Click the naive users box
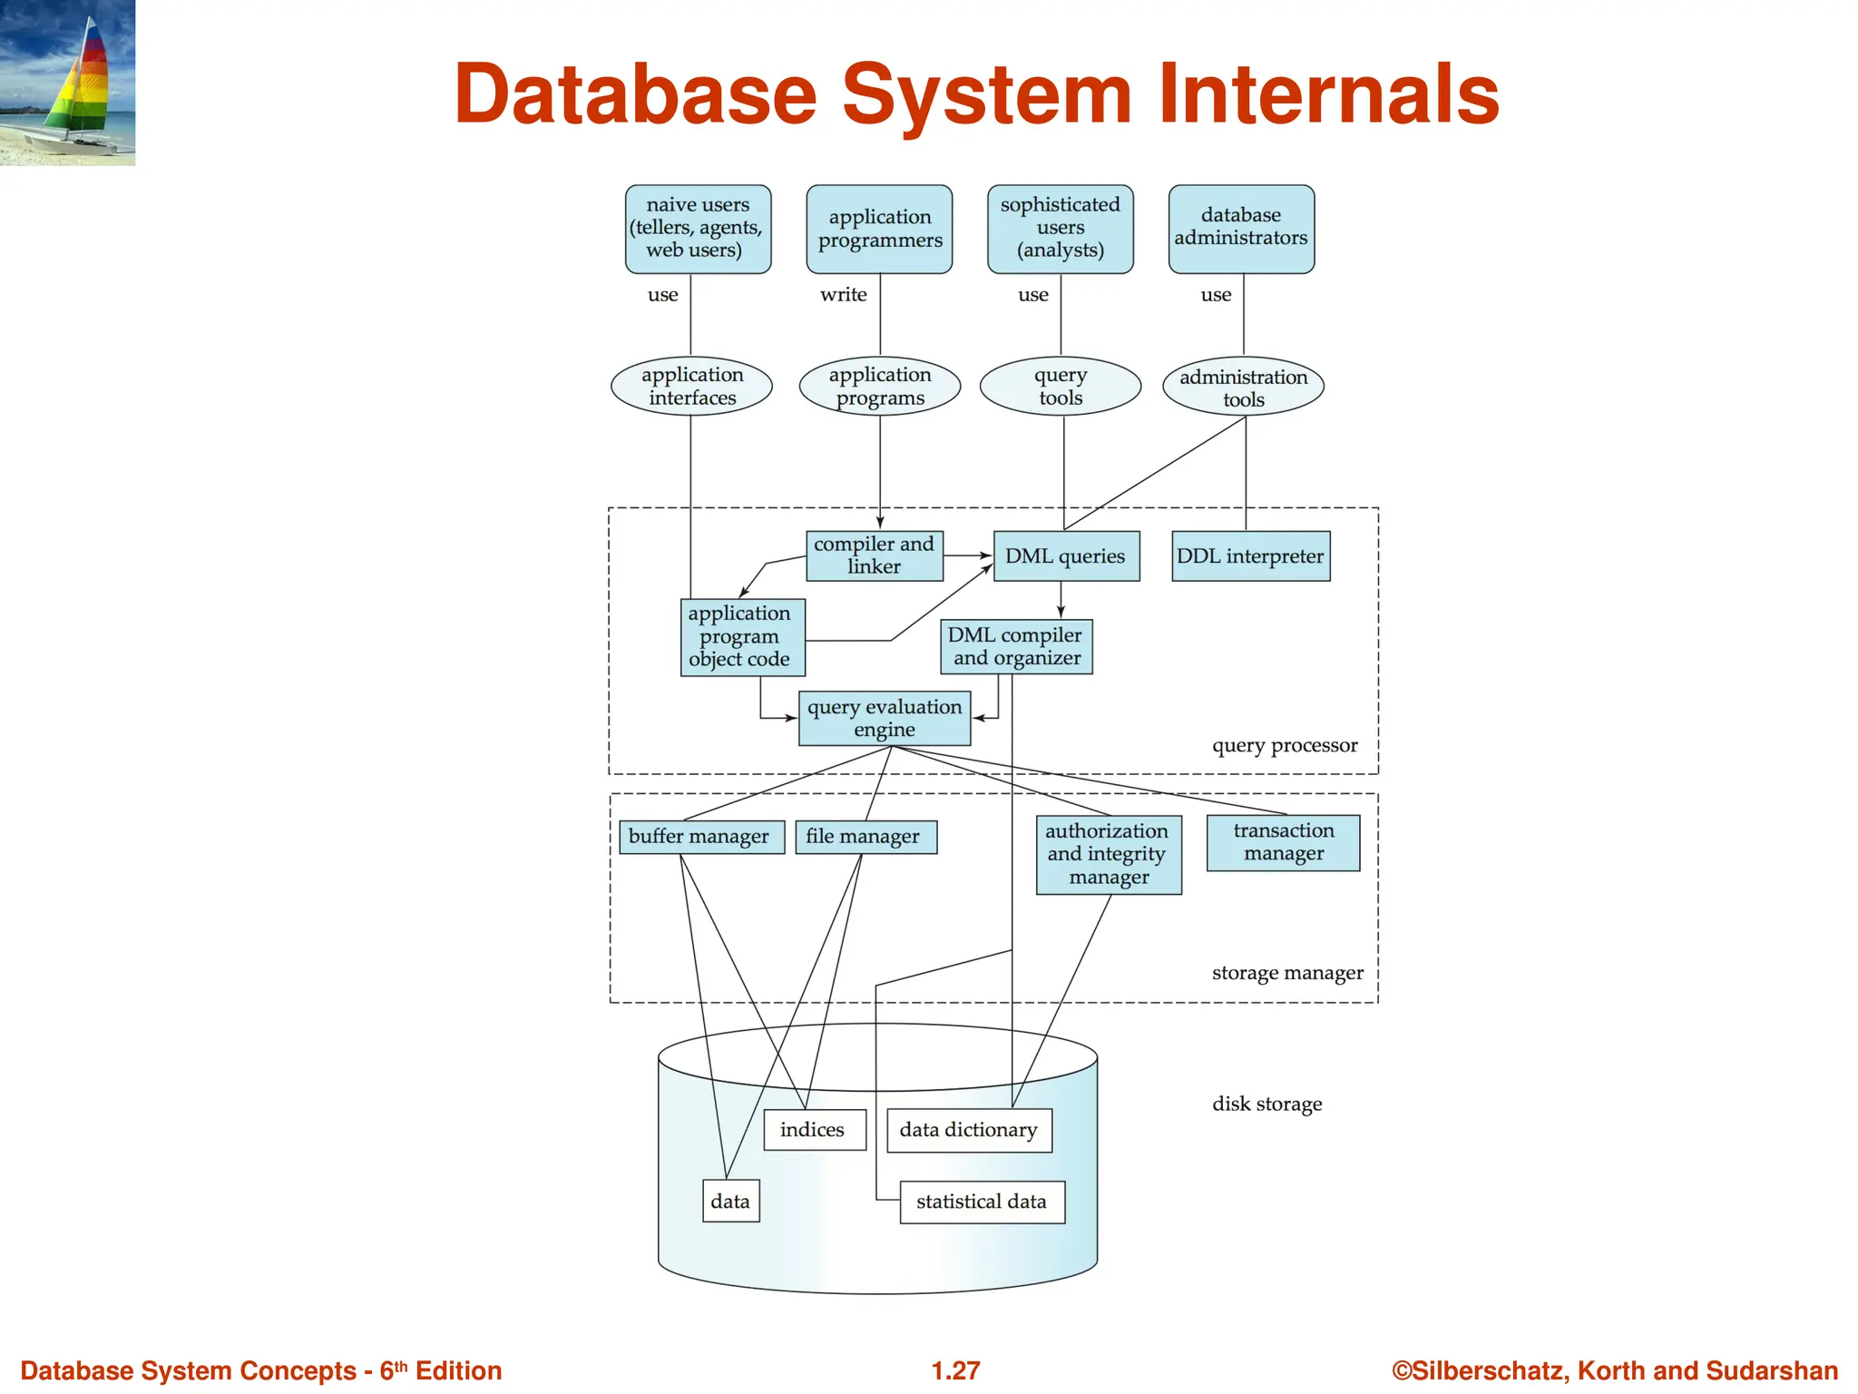pos(698,229)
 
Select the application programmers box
pos(879,229)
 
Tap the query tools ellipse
pos(1060,387)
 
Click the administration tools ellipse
pos(1243,388)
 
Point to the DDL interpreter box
pos(1250,556)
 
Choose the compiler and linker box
pos(874,555)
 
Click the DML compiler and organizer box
pos(1016,646)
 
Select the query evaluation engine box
pos(885,718)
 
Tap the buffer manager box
pos(699,837)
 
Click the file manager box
pos(865,837)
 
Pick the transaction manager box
pos(1283,842)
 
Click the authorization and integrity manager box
pos(1108,854)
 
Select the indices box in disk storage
pos(814,1130)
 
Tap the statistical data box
pos(982,1202)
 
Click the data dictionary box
pos(969,1130)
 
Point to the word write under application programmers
pos(843,295)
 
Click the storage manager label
pos(1286,973)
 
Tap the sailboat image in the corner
pos(68,83)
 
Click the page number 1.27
pos(955,1370)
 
